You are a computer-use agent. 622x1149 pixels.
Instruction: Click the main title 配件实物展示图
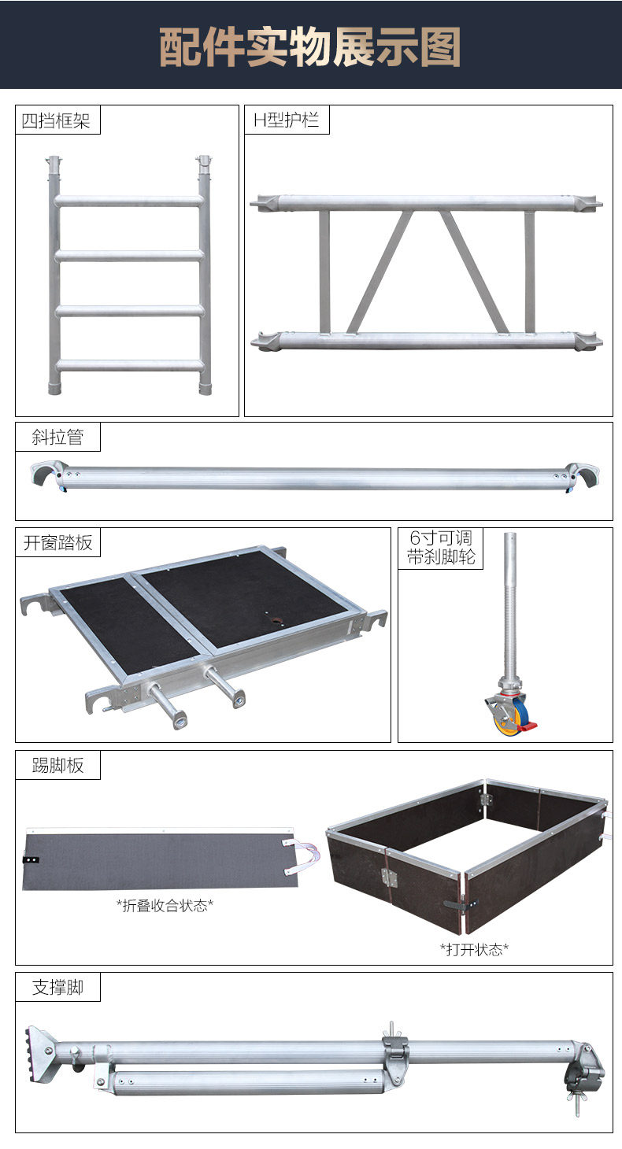pyautogui.click(x=310, y=47)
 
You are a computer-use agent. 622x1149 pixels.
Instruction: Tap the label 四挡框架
pyautogui.click(x=57, y=120)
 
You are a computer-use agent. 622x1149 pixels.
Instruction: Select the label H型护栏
pyautogui.click(x=286, y=120)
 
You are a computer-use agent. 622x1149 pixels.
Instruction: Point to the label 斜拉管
pyautogui.click(x=57, y=438)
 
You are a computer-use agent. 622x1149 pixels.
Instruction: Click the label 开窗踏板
pyautogui.click(x=57, y=542)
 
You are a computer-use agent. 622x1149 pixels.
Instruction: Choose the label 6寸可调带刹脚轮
pyautogui.click(x=440, y=548)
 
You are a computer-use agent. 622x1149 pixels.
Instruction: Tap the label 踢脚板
pyautogui.click(x=57, y=765)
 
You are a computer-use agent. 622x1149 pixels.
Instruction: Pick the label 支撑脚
pyautogui.click(x=57, y=987)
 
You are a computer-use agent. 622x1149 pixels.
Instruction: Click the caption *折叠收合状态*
pyautogui.click(x=165, y=905)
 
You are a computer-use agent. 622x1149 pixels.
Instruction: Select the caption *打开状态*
pyautogui.click(x=473, y=949)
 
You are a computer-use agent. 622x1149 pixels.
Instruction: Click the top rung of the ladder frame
pyautogui.click(x=128, y=201)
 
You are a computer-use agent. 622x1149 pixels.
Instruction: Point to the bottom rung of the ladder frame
pyautogui.click(x=128, y=365)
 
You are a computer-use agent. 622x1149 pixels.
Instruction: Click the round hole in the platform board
pyautogui.click(x=276, y=620)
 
